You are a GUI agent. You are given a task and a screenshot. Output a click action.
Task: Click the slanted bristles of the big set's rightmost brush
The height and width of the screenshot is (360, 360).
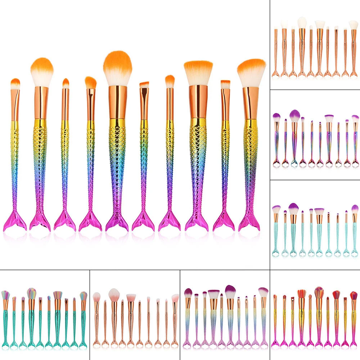pyautogui.click(x=251, y=72)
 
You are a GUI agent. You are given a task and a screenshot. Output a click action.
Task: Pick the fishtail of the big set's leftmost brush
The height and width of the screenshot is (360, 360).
pyautogui.click(x=14, y=221)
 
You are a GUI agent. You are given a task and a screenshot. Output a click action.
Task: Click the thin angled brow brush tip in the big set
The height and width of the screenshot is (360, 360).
pyautogui.click(x=144, y=85)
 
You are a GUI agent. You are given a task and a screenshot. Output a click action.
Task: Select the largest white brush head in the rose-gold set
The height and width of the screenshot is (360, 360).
pyautogui.click(x=302, y=22)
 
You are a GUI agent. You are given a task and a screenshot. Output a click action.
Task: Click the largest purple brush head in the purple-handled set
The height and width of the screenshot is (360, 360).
pyautogui.click(x=294, y=115)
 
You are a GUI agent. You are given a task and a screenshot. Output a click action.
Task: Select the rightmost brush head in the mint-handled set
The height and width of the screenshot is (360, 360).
pyautogui.click(x=355, y=209)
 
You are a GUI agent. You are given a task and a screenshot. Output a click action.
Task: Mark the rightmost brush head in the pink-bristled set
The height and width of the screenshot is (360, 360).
pyautogui.click(x=175, y=298)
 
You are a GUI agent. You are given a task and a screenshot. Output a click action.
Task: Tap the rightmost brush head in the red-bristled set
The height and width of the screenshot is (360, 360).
pyautogui.click(x=354, y=296)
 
